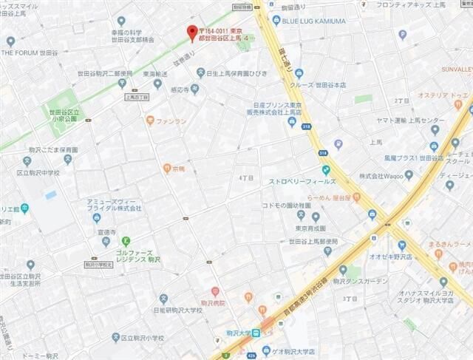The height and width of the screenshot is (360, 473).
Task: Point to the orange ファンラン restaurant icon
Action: [x=150, y=120]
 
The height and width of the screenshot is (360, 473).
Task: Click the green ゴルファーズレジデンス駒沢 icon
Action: [x=126, y=240]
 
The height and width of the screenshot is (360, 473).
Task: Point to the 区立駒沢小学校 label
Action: [x=145, y=337]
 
